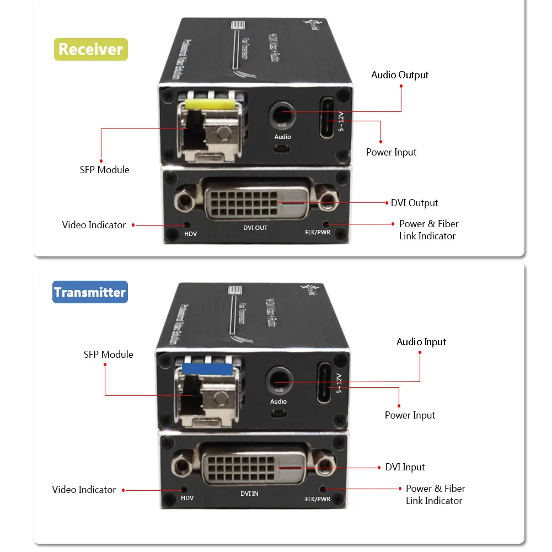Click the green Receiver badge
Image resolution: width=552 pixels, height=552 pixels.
pos(90,49)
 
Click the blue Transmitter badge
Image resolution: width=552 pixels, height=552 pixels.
pos(90,292)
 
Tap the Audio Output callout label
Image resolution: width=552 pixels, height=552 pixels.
pos(399,75)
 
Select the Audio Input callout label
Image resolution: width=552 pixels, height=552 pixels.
pos(421,342)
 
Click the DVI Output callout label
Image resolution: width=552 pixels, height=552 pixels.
pos(414,203)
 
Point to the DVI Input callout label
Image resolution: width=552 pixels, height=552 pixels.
pos(405,467)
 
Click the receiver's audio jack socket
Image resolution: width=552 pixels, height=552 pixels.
pos(282,115)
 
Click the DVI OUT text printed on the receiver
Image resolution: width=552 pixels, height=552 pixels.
pos(255,228)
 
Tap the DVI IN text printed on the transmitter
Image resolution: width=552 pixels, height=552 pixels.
pos(249,494)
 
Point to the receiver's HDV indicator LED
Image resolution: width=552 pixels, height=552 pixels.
pos(187,225)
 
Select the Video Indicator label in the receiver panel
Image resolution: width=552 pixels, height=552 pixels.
pos(94,225)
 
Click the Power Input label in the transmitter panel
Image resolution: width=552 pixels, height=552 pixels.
pos(410,415)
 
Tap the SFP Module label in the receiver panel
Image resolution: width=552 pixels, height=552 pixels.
pos(104,170)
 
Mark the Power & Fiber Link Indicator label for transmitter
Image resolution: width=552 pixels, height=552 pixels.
pos(435,495)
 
